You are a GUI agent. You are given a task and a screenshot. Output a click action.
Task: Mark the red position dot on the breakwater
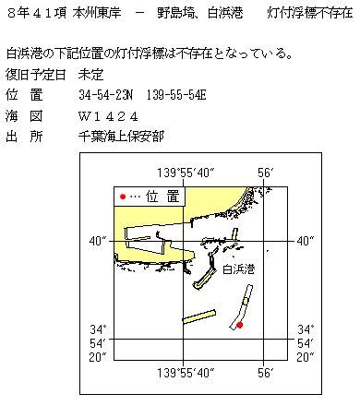(239, 325)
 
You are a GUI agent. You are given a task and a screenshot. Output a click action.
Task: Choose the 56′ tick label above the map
(265, 173)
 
